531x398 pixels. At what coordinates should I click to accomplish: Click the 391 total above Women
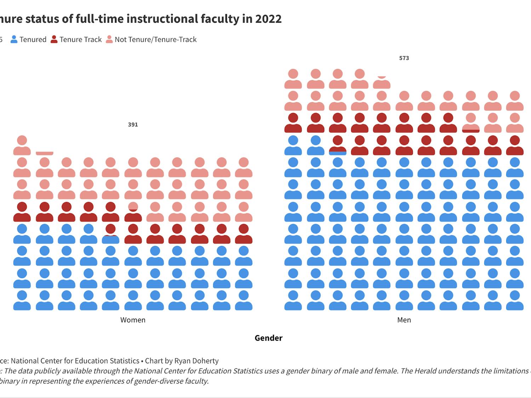133,125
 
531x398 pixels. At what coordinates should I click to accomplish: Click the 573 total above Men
404,58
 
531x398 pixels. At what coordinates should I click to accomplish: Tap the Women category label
133,320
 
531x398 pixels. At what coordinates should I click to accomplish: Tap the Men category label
404,320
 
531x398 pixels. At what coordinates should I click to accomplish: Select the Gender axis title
268,338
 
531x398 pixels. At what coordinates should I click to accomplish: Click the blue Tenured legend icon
14,39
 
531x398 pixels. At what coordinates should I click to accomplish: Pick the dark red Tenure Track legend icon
54,39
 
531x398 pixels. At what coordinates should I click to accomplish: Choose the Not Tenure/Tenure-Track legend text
155,40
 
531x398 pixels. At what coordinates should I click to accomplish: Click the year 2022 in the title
268,18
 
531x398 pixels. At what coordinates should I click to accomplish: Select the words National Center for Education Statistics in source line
75,361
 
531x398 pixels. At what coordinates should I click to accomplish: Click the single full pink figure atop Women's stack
22,145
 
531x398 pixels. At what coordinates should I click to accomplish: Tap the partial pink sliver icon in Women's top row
45,153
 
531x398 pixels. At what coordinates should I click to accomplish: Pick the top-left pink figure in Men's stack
293,79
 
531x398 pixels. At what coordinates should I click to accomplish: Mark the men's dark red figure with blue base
338,145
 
